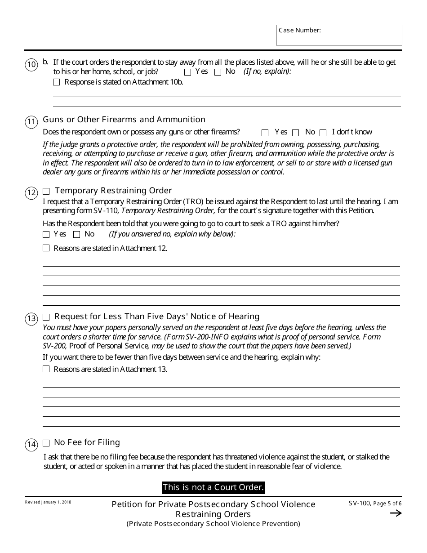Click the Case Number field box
point(339,35)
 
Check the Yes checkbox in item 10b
point(188,72)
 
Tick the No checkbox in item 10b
point(218,72)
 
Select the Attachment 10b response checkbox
point(56,82)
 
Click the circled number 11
point(31,122)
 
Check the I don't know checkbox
point(323,133)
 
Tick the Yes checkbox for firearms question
point(265,133)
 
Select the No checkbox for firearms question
point(295,133)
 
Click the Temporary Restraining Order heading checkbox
point(46,191)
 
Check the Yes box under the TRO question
point(46,234)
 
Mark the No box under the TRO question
point(76,234)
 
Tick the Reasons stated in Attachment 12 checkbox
point(46,248)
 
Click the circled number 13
point(31,319)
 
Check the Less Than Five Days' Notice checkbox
point(46,317)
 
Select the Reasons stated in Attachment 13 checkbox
point(46,369)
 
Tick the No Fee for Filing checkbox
point(46,443)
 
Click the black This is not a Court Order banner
point(213,487)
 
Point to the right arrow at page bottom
point(396,513)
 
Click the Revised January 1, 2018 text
point(48,502)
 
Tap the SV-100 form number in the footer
point(359,504)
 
